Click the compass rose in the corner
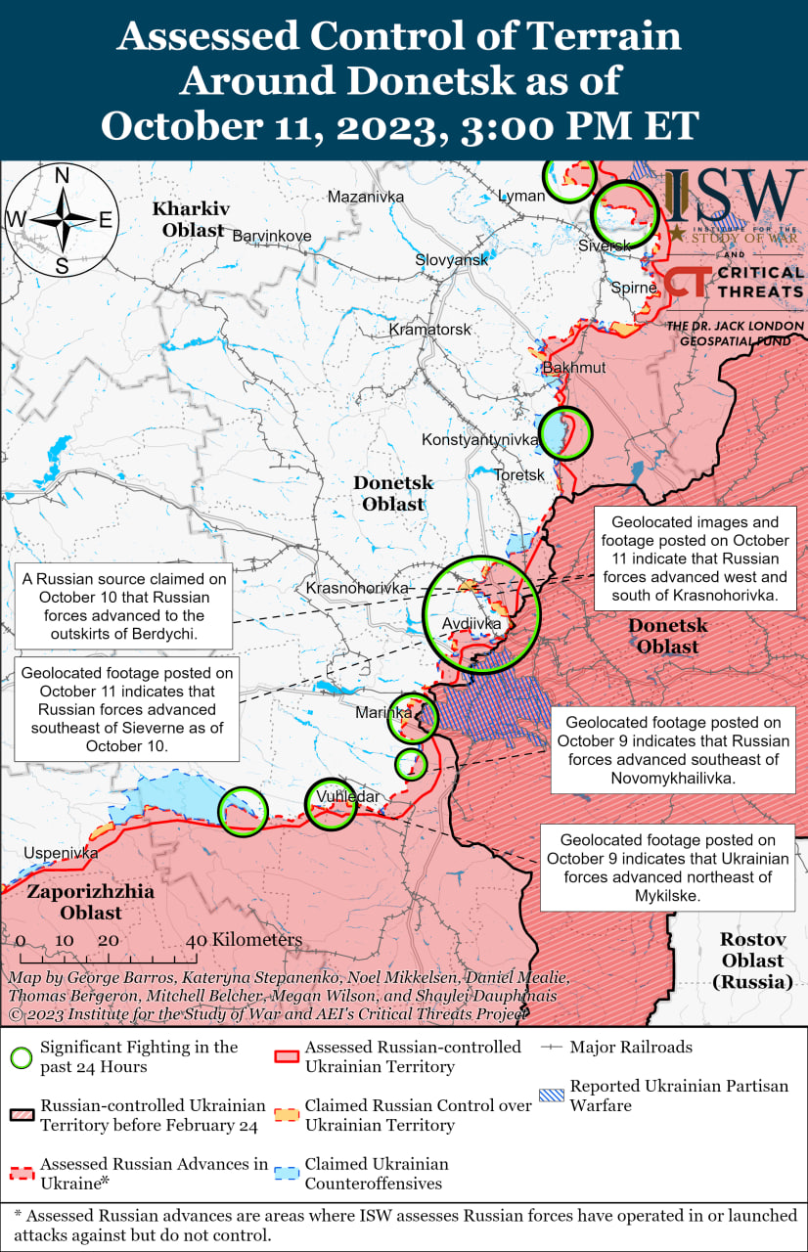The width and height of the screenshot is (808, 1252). [62, 221]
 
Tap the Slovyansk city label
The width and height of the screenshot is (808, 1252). [451, 260]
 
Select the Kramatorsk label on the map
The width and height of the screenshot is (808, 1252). [429, 330]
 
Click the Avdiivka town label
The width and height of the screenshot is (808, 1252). [471, 623]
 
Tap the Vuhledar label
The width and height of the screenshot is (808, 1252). [346, 797]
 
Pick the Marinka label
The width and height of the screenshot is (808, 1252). [383, 713]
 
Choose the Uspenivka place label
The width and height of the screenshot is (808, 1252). [62, 853]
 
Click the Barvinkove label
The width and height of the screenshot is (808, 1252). [271, 236]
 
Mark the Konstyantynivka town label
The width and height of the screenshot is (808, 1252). [479, 440]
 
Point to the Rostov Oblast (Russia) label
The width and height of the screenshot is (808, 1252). [752, 960]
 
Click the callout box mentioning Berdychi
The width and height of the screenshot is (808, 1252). [124, 606]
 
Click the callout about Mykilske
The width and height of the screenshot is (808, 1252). [667, 868]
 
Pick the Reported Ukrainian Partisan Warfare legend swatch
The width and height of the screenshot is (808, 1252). [553, 1095]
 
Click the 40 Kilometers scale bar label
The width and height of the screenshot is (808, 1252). [245, 940]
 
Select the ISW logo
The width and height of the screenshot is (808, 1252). [734, 196]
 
